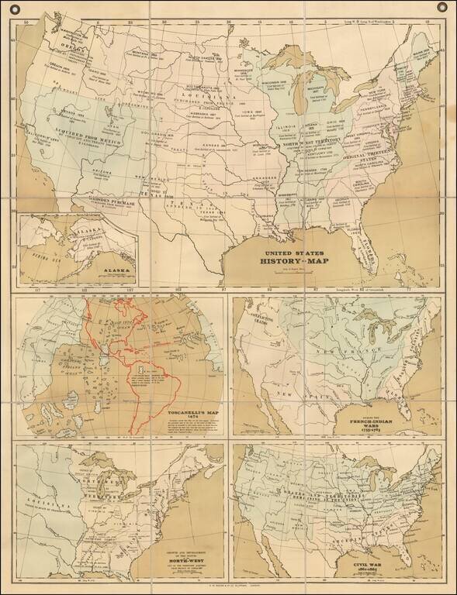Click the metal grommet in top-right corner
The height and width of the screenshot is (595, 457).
pos(443,9)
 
